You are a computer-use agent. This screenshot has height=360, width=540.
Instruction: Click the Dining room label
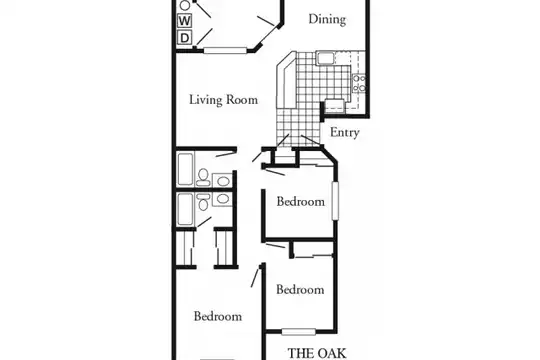coord(327,19)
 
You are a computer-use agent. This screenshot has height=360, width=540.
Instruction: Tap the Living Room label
coord(224,100)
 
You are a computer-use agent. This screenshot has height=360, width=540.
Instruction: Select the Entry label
coord(344,132)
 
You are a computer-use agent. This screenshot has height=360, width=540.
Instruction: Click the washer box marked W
coord(185,21)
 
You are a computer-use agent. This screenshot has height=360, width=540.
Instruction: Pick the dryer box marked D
coord(185,37)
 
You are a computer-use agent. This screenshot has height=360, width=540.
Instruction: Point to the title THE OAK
coord(317,353)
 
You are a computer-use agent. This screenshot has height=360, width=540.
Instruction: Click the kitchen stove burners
coord(359,83)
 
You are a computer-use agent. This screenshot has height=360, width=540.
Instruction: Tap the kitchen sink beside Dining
coord(325,58)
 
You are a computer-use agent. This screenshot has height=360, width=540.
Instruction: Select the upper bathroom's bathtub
coord(185,169)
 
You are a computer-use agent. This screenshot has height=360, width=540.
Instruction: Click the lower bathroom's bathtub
coord(185,209)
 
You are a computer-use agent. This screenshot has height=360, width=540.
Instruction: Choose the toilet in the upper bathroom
coord(203,177)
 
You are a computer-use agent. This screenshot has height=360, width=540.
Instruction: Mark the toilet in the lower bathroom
coord(204,202)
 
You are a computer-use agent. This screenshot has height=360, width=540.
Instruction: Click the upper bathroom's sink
coord(222,180)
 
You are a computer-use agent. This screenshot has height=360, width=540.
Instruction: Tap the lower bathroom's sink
coord(222,199)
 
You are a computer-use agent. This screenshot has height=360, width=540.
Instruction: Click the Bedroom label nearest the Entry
coord(301,202)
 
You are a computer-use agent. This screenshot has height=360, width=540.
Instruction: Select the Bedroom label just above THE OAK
coord(300,290)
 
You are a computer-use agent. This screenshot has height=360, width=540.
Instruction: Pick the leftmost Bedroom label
coord(218,317)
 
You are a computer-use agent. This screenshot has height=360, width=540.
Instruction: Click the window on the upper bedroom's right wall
coord(335,200)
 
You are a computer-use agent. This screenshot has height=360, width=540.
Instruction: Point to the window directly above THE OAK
coord(299,332)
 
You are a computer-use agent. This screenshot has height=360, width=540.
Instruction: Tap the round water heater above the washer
coord(185,5)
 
